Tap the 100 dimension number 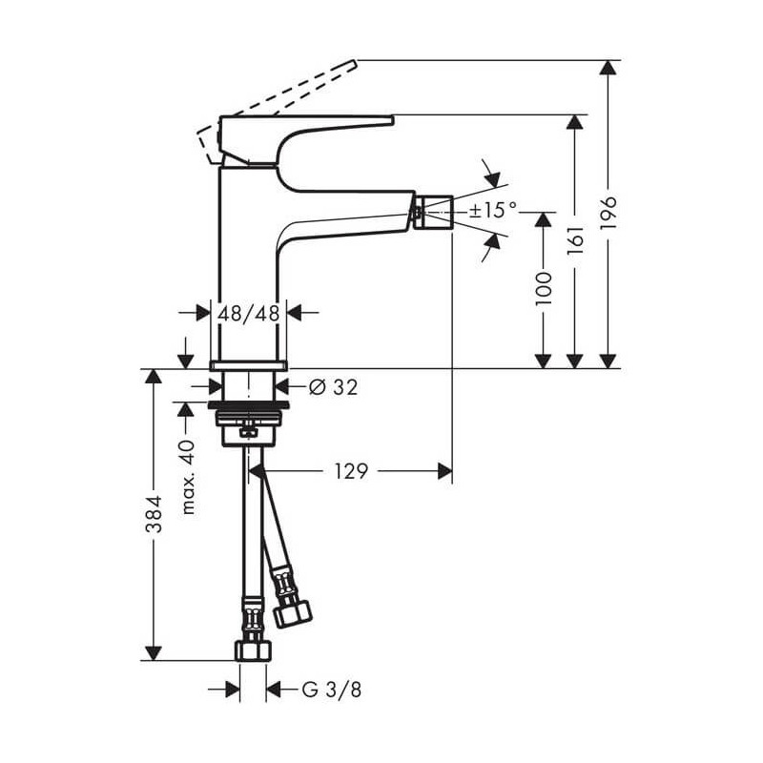point(544,288)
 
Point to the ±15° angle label point(492,210)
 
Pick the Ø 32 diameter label point(333,386)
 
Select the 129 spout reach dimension point(351,470)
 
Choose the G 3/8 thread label point(331,690)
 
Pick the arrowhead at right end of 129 point(444,470)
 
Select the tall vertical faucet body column point(250,267)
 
